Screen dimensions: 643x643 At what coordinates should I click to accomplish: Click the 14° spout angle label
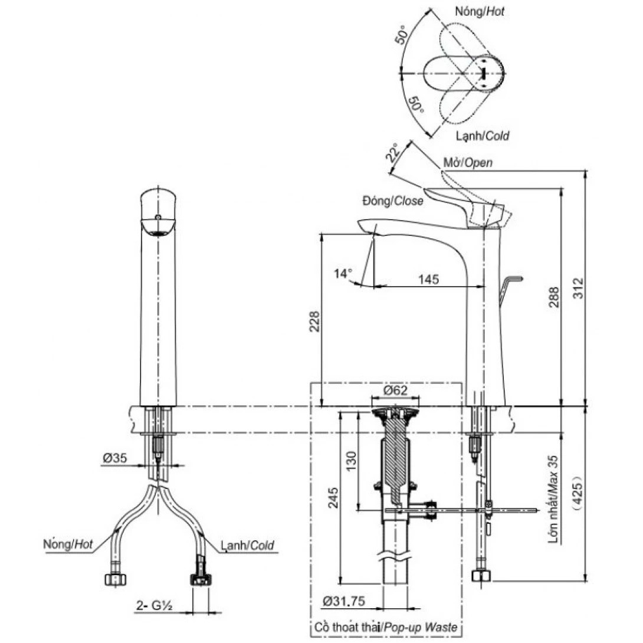(342, 273)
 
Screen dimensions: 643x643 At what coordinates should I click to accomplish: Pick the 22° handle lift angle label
(393, 153)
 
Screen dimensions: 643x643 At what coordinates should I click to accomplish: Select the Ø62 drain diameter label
(395, 391)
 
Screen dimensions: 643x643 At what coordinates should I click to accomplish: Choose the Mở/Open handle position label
(467, 163)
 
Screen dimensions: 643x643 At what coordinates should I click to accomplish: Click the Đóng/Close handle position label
(393, 201)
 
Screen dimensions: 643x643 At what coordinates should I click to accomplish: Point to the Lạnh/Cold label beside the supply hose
(247, 546)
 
